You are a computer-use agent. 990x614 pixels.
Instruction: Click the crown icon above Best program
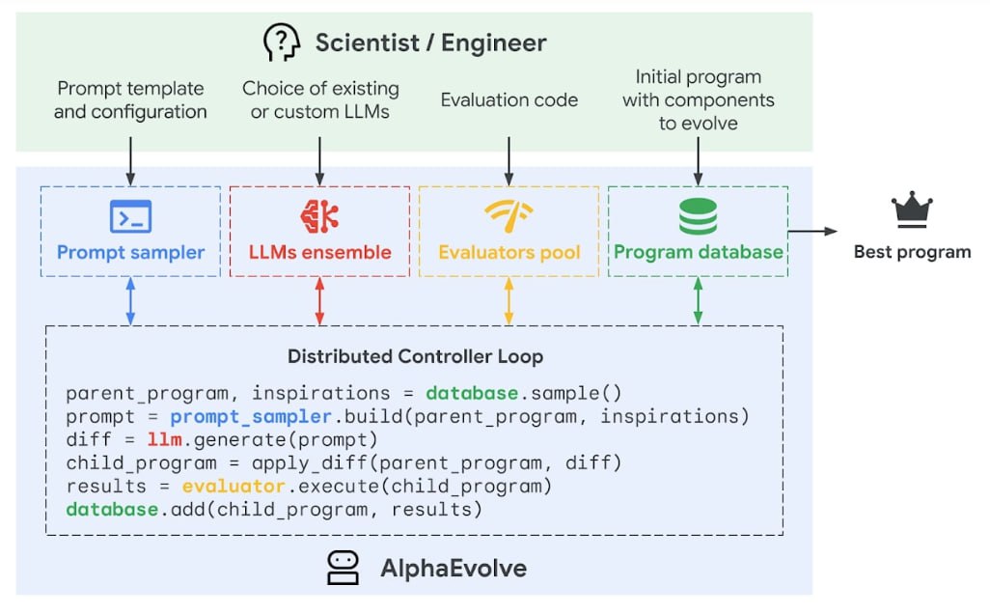pyautogui.click(x=912, y=209)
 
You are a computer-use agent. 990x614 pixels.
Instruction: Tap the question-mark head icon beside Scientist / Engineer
pyautogui.click(x=281, y=42)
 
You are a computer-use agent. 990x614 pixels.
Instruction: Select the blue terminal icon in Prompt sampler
pyautogui.click(x=130, y=216)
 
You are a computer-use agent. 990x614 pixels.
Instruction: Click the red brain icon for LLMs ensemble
pyautogui.click(x=319, y=216)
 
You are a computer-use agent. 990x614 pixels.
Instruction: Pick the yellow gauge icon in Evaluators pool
pyautogui.click(x=509, y=214)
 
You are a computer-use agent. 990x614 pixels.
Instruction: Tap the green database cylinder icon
pyautogui.click(x=698, y=215)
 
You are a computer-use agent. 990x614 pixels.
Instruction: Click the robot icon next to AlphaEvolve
pyautogui.click(x=344, y=568)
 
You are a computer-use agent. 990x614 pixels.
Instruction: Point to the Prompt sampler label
pyautogui.click(x=130, y=253)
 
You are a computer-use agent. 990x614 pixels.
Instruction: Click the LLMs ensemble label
pyautogui.click(x=319, y=253)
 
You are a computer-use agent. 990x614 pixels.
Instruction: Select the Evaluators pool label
pyautogui.click(x=509, y=253)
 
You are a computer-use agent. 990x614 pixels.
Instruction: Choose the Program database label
pyautogui.click(x=698, y=253)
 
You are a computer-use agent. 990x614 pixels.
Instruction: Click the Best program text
pyautogui.click(x=912, y=253)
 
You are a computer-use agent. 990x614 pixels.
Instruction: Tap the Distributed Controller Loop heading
pyautogui.click(x=415, y=356)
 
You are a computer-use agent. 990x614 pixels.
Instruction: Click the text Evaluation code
pyautogui.click(x=509, y=99)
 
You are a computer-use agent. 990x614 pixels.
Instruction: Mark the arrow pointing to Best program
pyautogui.click(x=812, y=232)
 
